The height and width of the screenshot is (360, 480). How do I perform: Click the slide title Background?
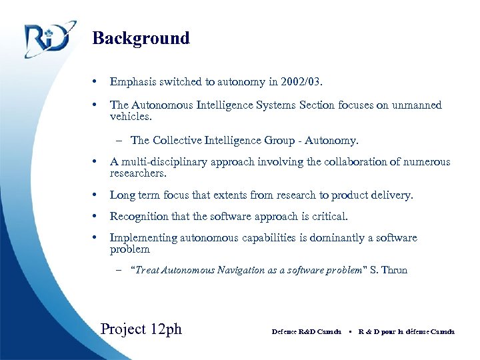tap(141, 38)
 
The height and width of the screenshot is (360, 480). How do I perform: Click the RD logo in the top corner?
tap(47, 39)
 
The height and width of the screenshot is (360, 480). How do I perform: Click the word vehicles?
tap(130, 116)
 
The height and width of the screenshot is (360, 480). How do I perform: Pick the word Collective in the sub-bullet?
tap(179, 141)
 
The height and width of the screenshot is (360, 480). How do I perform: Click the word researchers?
tap(138, 173)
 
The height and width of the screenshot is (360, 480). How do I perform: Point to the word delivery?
tap(392, 195)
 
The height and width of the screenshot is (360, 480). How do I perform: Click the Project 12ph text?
tap(141, 329)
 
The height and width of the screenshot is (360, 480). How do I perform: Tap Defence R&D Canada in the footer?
tap(307, 331)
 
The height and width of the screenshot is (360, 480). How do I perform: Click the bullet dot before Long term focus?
tap(98, 195)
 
